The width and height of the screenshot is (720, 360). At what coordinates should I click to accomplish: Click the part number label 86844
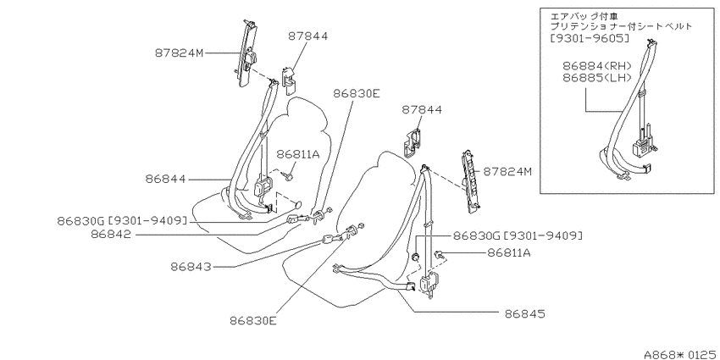[x=165, y=179]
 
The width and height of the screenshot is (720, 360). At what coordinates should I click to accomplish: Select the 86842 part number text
[x=111, y=234]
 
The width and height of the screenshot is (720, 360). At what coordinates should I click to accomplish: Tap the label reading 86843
[x=191, y=266]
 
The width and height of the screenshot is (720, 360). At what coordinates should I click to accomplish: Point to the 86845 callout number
[x=524, y=313]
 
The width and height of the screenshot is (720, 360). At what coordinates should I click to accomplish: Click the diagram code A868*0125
[x=681, y=354]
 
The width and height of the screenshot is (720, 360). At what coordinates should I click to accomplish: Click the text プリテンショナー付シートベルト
[x=621, y=26]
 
